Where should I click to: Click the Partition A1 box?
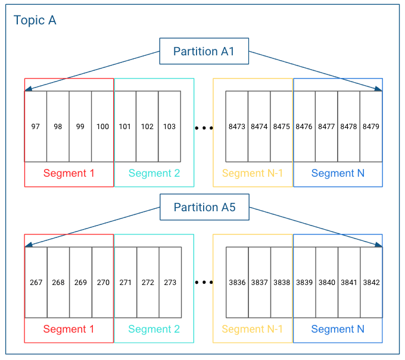pos(204,51)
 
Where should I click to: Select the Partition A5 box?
pos(204,207)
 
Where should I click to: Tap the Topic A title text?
pos(35,20)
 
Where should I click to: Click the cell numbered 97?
pos(36,126)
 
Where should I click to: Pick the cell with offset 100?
pos(102,126)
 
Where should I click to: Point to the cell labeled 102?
pos(147,126)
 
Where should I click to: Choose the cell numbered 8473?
pos(237,126)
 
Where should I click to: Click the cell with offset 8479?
pos(371,126)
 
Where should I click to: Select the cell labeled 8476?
pos(304,126)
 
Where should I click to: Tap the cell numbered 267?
pos(36,282)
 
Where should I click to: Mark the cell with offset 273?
pos(170,282)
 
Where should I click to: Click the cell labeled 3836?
pos(237,282)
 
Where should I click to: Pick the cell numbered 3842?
pos(371,282)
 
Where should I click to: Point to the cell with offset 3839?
pos(304,282)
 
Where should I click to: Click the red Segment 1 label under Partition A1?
pos(68,174)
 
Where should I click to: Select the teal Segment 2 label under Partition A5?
pos(154,329)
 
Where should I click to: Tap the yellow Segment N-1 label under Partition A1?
pos(253,174)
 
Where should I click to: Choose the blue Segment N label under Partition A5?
pos(338,329)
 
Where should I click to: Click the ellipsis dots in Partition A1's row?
pos(204,127)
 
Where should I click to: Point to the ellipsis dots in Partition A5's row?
pos(204,283)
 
